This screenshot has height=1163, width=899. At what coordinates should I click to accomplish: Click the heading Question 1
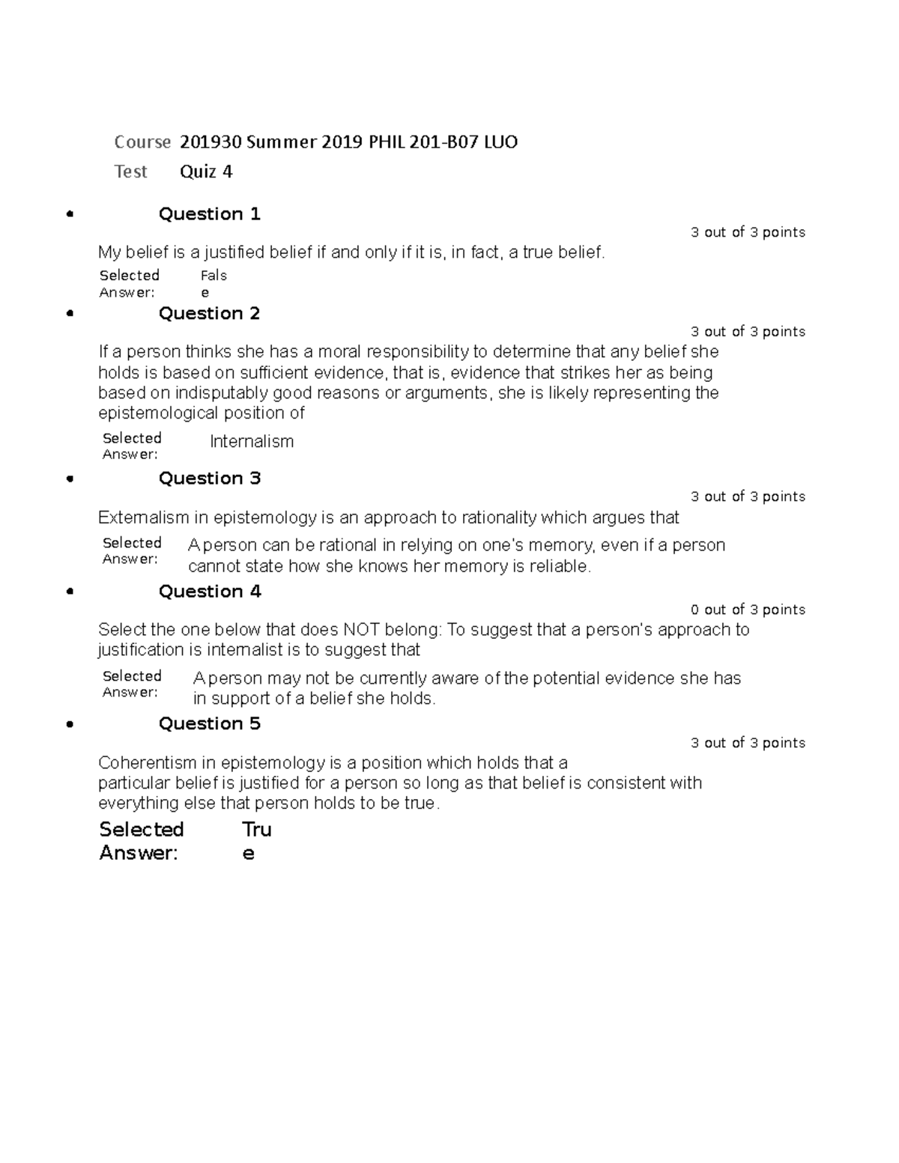(209, 214)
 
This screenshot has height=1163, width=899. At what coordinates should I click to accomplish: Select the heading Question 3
(209, 479)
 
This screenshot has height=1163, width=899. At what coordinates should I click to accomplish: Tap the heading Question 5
(209, 723)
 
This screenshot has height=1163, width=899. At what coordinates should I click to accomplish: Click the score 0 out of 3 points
(748, 610)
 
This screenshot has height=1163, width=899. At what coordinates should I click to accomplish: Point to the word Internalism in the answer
(252, 442)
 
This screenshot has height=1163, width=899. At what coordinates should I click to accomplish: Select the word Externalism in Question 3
(144, 517)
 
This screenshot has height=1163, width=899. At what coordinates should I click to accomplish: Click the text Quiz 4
(206, 171)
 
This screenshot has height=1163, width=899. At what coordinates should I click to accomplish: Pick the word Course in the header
(142, 142)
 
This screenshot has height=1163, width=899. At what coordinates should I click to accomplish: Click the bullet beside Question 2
(70, 314)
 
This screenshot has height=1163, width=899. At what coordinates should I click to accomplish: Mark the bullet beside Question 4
(70, 592)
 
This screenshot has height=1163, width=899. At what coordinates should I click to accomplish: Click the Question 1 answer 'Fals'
(214, 276)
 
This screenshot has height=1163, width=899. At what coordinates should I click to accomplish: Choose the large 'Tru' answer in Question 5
(257, 829)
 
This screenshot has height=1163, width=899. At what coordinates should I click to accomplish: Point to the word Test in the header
(130, 171)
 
